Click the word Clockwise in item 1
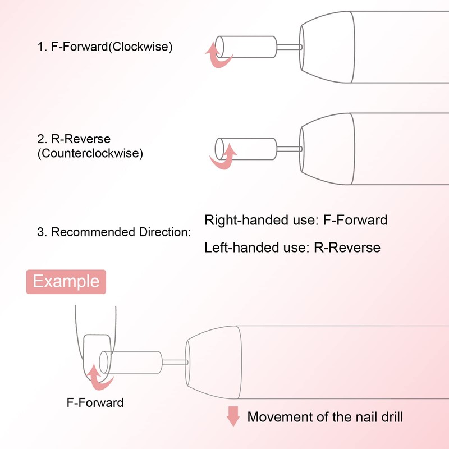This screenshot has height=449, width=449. click(x=143, y=47)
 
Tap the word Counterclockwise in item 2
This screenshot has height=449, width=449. click(x=90, y=153)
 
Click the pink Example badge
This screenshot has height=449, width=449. click(x=66, y=281)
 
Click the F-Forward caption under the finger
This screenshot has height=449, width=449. click(x=95, y=402)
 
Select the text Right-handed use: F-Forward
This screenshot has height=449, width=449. click(x=296, y=219)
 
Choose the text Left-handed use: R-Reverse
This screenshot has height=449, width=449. click(x=292, y=247)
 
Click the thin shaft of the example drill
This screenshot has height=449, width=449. click(x=173, y=361)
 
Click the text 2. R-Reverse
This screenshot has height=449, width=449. click(x=74, y=139)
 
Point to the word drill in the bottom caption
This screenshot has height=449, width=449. click(x=390, y=417)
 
